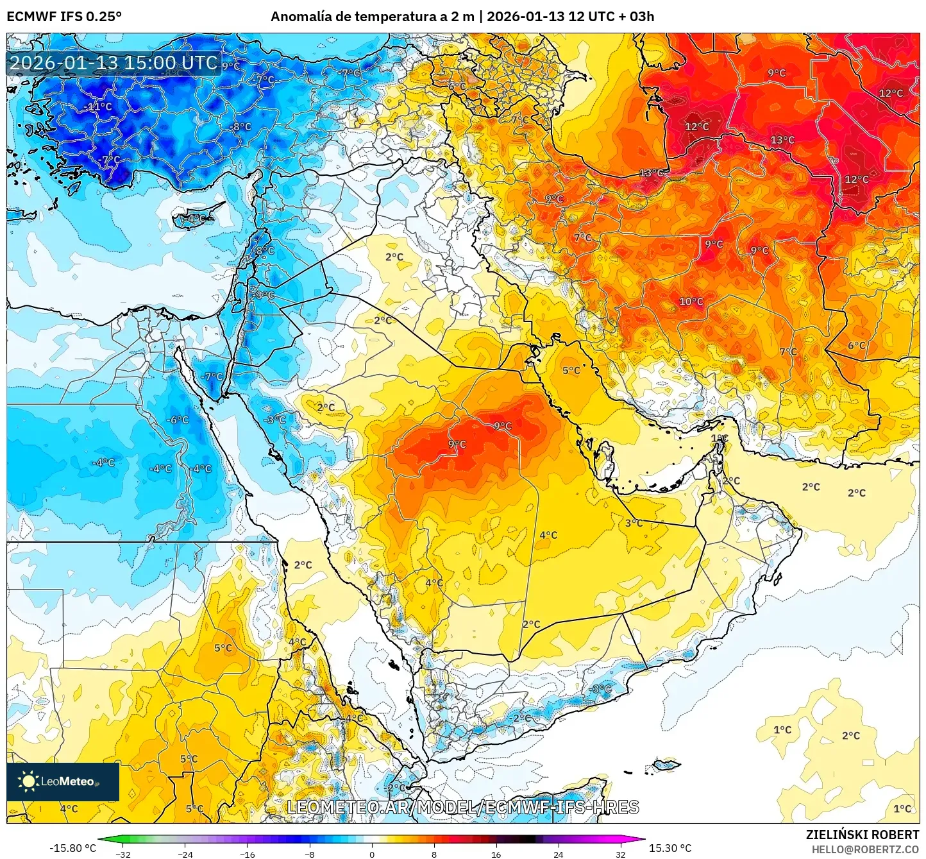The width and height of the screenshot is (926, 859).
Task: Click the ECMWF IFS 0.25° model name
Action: (x=64, y=17)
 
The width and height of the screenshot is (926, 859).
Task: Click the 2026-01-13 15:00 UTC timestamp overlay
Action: (x=114, y=63)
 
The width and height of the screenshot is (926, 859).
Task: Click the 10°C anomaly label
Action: (x=691, y=302)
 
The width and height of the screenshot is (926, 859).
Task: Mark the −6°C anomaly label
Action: (x=178, y=420)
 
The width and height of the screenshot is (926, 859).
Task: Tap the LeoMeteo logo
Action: (x=63, y=781)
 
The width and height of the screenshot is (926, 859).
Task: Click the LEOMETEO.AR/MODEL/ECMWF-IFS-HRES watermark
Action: (x=463, y=807)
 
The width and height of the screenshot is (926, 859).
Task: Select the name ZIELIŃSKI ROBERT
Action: (x=862, y=835)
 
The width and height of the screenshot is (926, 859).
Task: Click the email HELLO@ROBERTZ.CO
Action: (x=864, y=849)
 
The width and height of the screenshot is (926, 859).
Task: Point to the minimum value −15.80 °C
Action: (x=72, y=848)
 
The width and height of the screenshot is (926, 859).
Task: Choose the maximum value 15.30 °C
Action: (x=670, y=848)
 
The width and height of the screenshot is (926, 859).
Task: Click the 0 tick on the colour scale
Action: (x=372, y=854)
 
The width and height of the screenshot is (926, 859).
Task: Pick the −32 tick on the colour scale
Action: (x=122, y=854)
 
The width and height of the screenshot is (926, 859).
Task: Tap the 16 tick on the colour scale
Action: (x=496, y=854)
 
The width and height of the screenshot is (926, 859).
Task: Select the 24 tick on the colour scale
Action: (x=558, y=854)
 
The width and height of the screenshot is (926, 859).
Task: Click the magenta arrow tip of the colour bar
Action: (x=642, y=839)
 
